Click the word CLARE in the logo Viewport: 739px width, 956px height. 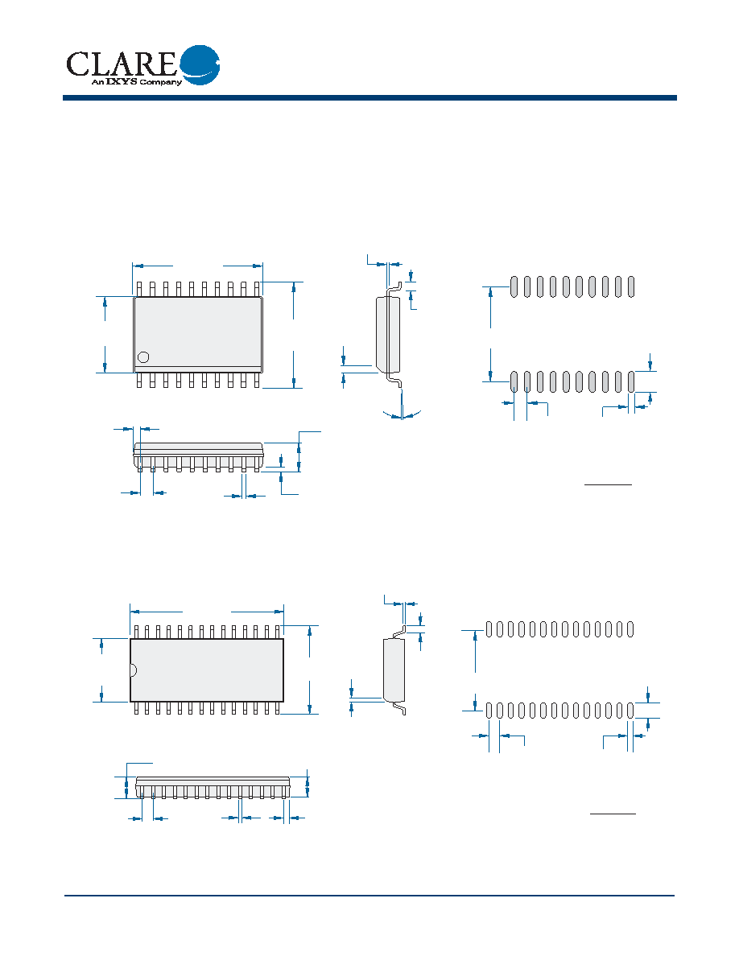[x=121, y=64]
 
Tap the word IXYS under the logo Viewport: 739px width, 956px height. [x=122, y=82]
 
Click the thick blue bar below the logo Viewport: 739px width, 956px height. [x=369, y=97]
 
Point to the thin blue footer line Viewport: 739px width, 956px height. [x=369, y=896]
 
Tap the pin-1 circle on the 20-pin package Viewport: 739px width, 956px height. [x=143, y=357]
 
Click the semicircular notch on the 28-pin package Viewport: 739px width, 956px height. [x=133, y=670]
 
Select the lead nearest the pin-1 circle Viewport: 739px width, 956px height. [x=139, y=380]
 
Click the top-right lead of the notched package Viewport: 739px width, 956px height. [x=278, y=632]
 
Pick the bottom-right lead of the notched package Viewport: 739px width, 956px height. [x=278, y=708]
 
